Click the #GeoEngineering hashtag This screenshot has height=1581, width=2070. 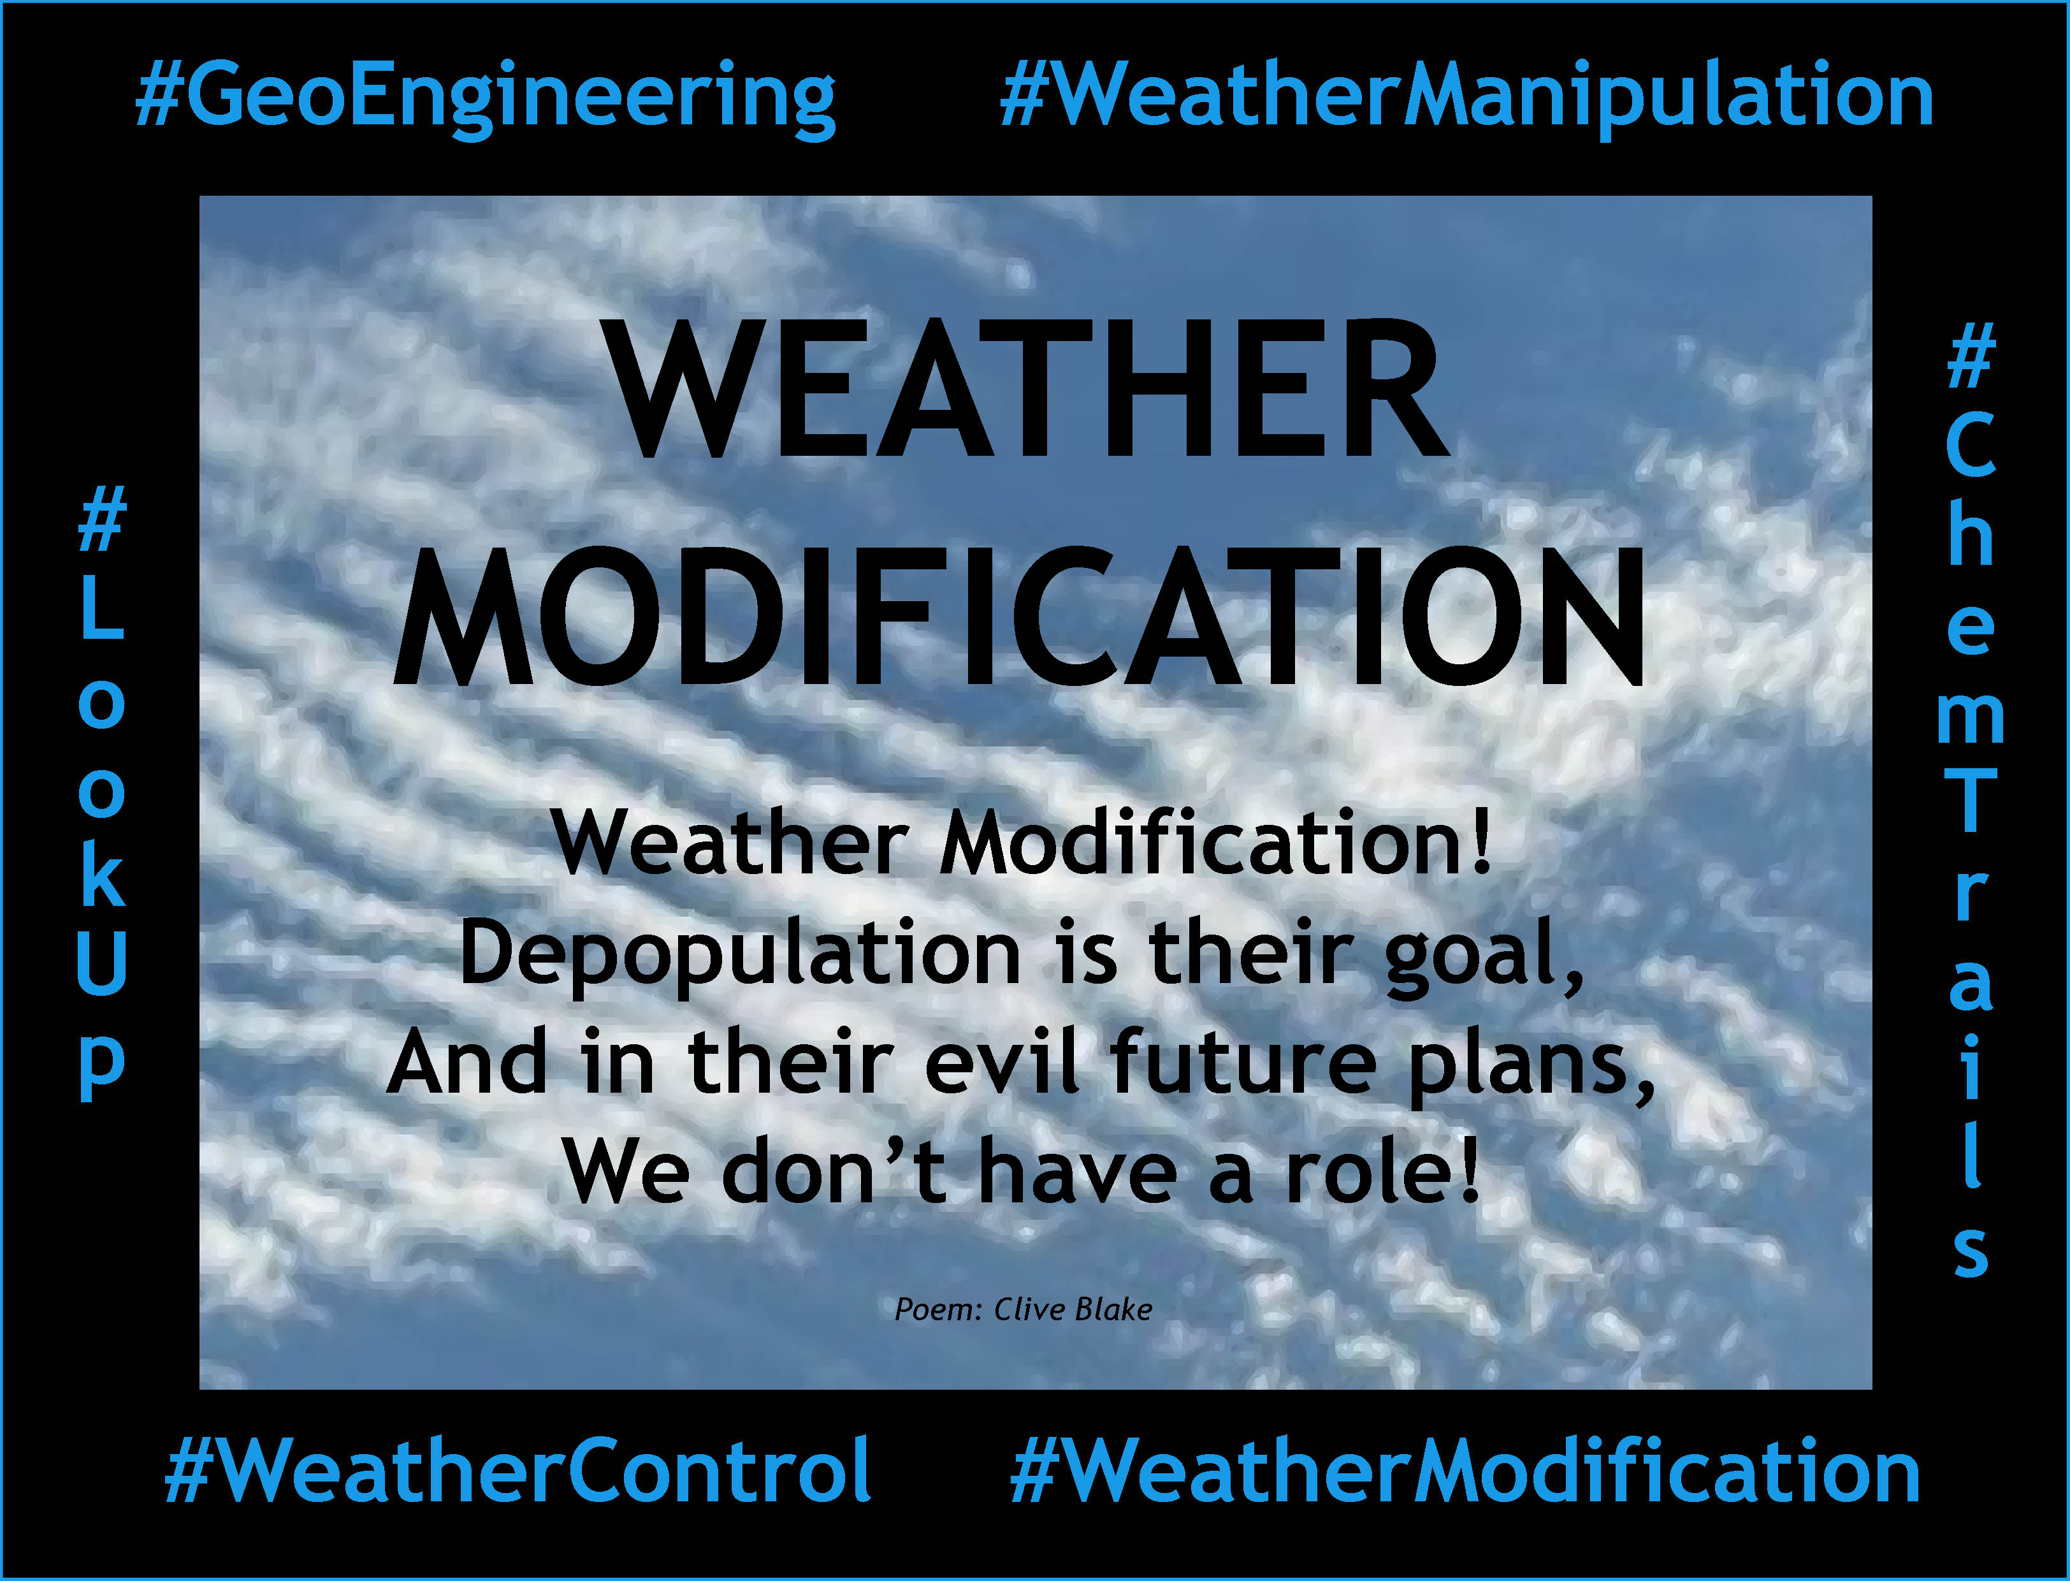coord(484,99)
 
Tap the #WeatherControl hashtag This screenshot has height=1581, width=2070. coord(517,1470)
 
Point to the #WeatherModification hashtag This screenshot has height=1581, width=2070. coord(1465,1470)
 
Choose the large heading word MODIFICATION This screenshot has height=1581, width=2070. coord(1020,616)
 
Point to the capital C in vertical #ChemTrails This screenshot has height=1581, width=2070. coord(1969,445)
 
